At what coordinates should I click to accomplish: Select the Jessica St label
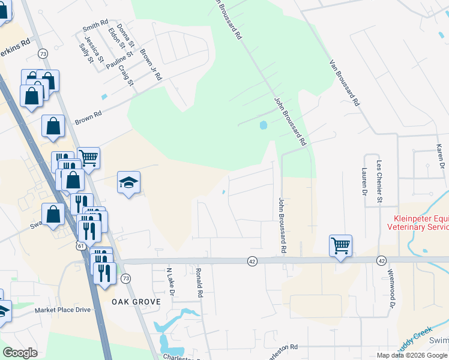(x=95, y=50)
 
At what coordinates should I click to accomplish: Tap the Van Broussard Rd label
(x=344, y=83)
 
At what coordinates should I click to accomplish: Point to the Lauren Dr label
(x=364, y=182)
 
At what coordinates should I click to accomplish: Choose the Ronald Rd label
(x=198, y=283)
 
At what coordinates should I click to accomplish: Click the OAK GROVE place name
(x=136, y=301)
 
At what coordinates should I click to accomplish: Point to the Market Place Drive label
(x=62, y=310)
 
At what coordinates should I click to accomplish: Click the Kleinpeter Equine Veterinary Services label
(x=420, y=223)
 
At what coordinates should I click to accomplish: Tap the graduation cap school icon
(x=128, y=182)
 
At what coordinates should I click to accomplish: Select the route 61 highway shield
(x=80, y=247)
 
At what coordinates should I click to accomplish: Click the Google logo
(x=20, y=353)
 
